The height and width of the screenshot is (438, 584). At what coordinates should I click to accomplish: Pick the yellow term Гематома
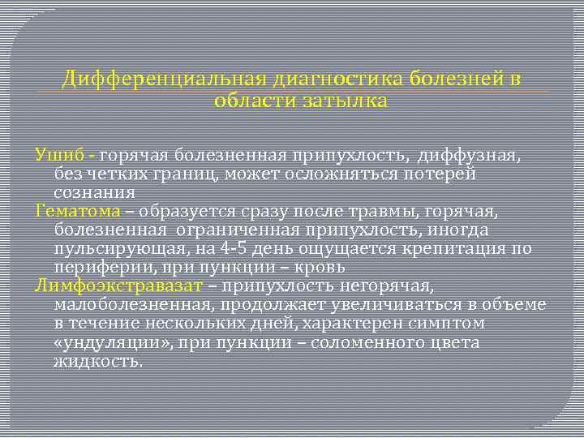pos(78,212)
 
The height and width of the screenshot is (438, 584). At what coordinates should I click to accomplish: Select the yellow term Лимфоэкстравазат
pos(120,286)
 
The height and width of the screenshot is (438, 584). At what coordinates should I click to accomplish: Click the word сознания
pos(94,193)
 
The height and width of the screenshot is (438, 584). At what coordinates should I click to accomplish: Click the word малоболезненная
pos(132,305)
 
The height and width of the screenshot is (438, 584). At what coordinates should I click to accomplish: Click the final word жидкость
pos(98,361)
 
